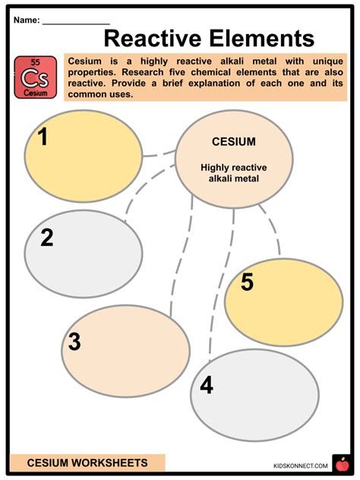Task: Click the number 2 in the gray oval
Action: (46, 238)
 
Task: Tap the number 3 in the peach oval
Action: (74, 343)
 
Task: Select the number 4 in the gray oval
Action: (206, 386)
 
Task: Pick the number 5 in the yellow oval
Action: (247, 283)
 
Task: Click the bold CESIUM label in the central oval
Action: (233, 142)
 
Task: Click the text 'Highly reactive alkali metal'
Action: (233, 172)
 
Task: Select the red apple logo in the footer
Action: (341, 463)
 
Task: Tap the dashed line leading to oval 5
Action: (271, 228)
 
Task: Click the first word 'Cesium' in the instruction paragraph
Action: (86, 60)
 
